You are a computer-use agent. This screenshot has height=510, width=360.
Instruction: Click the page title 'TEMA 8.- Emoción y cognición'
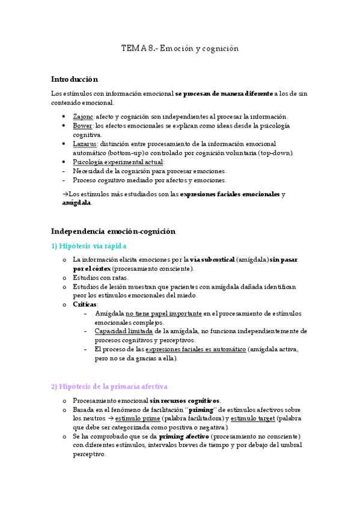pos(180,48)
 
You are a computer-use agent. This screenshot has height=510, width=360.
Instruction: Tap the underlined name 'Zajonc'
pos(83,116)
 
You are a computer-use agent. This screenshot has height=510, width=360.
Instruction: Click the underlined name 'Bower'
pos(82,125)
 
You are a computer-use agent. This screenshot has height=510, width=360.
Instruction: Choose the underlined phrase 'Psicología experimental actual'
pos(117,162)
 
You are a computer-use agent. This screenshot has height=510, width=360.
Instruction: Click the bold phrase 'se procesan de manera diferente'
pos(224,94)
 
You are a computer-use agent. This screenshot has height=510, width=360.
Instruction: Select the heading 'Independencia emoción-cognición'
pos(113,230)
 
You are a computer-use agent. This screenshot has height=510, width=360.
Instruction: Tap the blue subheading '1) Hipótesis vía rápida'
pos(89,246)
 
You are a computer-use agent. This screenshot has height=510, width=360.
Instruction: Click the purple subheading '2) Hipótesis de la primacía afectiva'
pos(109,386)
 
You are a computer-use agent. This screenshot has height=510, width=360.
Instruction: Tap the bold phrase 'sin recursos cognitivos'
pos(185,401)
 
